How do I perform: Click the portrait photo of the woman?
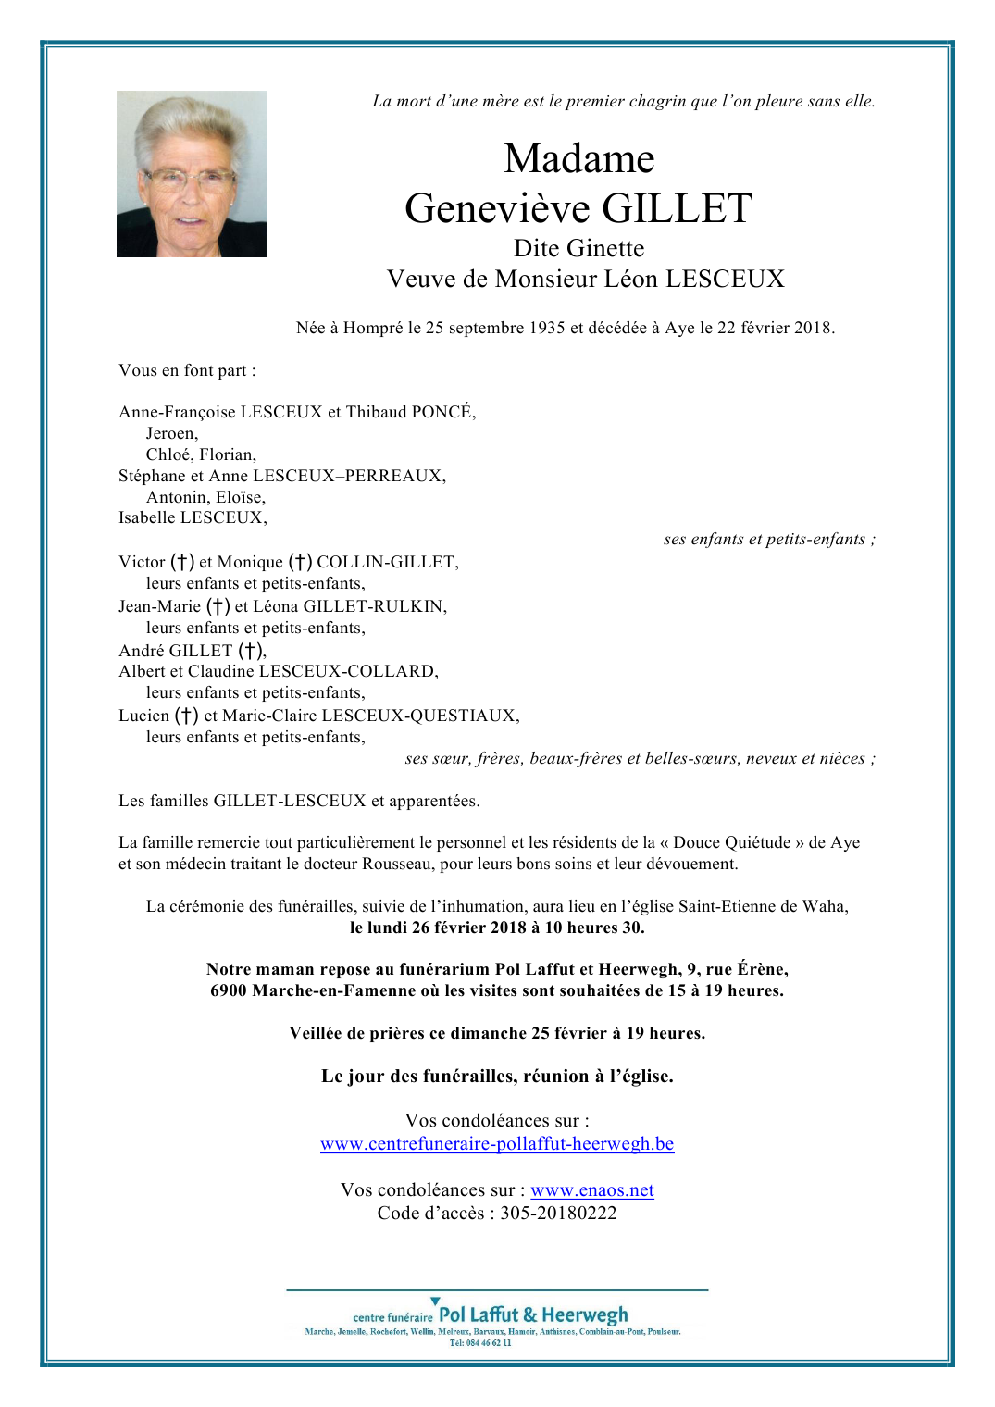pos(192,174)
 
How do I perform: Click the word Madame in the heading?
pos(578,158)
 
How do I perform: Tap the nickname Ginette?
pos(605,248)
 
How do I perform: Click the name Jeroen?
pos(171,433)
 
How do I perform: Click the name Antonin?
pos(176,497)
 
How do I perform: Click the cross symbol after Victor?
pos(182,562)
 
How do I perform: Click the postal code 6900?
pos(229,990)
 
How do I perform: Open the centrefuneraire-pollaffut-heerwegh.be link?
pos(497,1143)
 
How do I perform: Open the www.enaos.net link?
pos(592,1189)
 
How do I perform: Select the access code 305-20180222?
pos(558,1213)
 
